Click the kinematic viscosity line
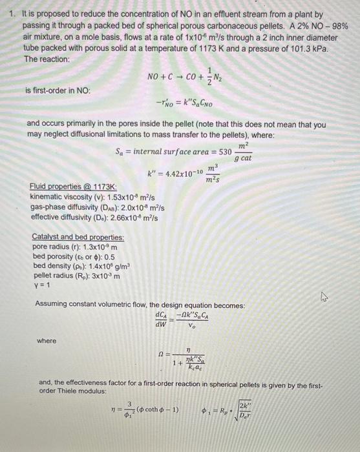coord(90,196)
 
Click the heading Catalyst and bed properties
coord(78,237)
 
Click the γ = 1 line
coord(41,285)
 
